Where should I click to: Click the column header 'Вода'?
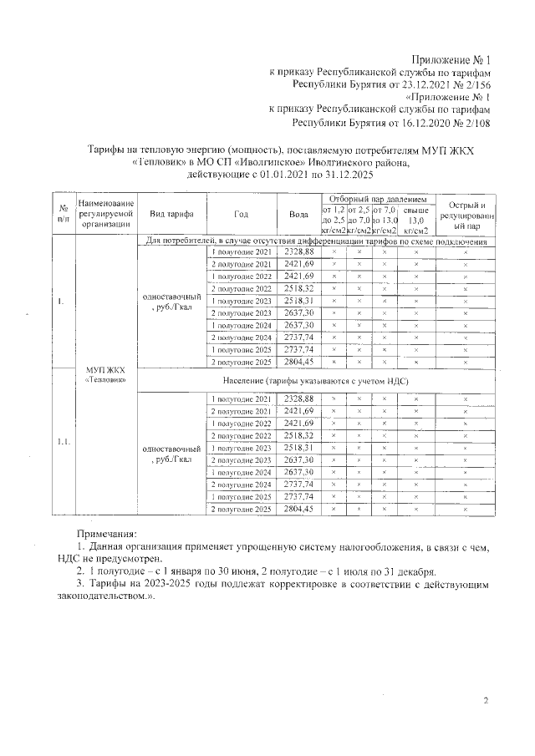298,214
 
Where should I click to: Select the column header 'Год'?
241,214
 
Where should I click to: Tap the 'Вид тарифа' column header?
171,214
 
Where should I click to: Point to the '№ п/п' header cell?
63,214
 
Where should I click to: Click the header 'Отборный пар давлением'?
378,200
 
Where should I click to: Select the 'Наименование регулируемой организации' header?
104,214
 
